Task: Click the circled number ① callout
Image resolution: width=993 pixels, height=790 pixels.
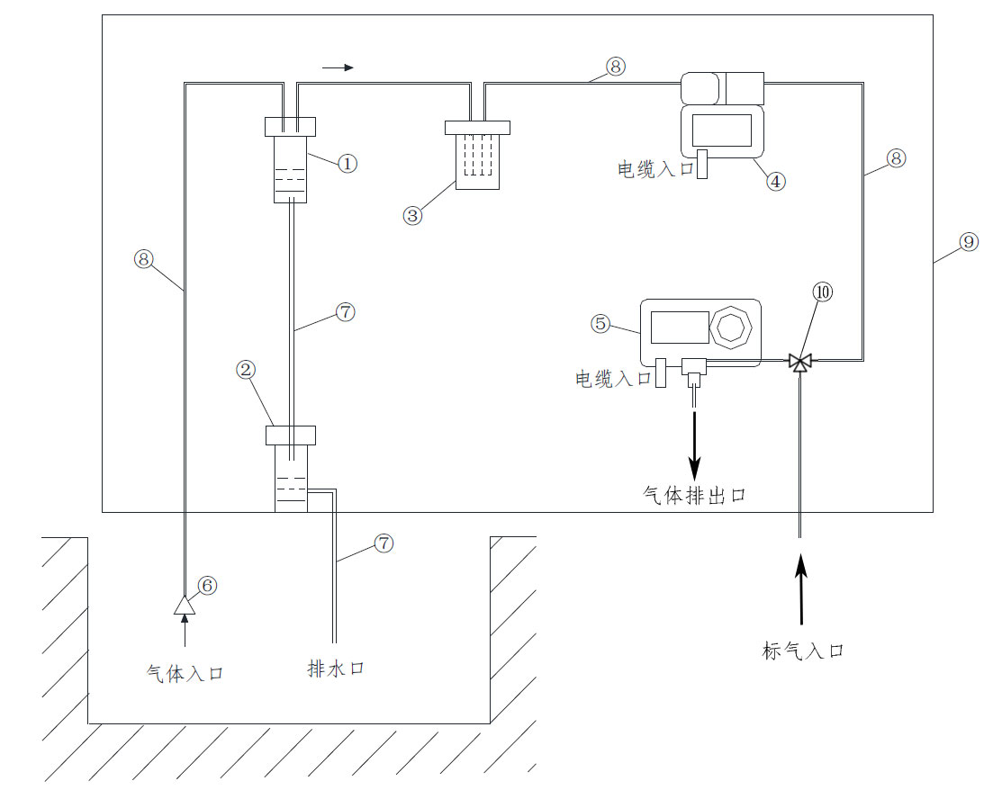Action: click(x=348, y=164)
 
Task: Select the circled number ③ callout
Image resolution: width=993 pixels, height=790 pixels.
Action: click(x=413, y=216)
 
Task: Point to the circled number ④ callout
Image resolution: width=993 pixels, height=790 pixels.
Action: click(x=776, y=180)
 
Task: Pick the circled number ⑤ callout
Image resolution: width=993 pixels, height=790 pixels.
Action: click(x=600, y=323)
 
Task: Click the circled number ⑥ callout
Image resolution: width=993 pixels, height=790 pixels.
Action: click(x=207, y=586)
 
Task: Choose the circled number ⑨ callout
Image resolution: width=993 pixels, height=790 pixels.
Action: click(x=968, y=242)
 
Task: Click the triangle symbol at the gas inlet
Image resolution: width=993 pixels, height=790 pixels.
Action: click(x=185, y=606)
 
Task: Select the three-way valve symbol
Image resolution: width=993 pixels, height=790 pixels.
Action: click(x=799, y=362)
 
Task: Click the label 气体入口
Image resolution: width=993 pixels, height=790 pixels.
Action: click(x=185, y=673)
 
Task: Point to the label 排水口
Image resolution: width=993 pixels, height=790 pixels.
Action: click(x=336, y=669)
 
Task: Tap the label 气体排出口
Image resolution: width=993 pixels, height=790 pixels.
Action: click(x=694, y=495)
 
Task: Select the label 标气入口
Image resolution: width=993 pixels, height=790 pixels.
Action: click(x=803, y=651)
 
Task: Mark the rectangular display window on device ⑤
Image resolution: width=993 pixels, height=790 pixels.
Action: click(x=680, y=327)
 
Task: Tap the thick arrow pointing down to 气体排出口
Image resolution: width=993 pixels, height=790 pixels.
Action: click(x=694, y=445)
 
